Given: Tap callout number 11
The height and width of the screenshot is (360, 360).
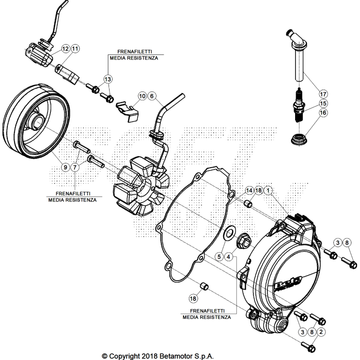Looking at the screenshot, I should [x=75, y=49].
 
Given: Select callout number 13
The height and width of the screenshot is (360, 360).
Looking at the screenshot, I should [x=107, y=78].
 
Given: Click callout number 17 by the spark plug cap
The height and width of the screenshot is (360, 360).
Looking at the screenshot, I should [x=323, y=93].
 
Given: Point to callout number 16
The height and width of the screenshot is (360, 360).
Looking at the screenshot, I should [x=323, y=112].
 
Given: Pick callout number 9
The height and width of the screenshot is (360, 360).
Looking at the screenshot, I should [x=65, y=167].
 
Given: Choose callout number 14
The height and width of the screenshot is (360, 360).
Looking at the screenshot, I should [x=249, y=191].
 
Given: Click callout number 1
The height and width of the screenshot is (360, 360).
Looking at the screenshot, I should [x=268, y=191].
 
